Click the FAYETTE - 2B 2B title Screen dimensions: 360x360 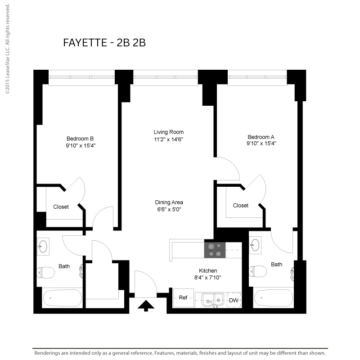(104, 43)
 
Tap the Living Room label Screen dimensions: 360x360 (168, 132)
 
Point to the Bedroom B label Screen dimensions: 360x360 (80, 139)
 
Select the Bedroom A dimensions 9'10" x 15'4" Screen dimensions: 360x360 (261, 144)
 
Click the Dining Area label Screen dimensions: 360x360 (169, 202)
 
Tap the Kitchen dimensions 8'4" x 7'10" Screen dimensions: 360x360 (207, 278)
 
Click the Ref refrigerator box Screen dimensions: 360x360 (183, 298)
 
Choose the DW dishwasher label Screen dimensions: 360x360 (234, 300)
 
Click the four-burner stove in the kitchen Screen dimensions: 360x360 (215, 250)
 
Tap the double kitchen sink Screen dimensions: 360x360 (212, 300)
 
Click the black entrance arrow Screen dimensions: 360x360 (146, 306)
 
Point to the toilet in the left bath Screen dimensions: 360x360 (46, 273)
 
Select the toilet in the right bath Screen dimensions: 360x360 (258, 271)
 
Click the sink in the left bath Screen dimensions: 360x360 (43, 247)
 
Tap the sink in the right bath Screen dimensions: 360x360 (255, 245)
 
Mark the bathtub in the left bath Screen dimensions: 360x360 (62, 298)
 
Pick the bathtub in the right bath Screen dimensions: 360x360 (274, 297)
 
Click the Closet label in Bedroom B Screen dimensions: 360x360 (61, 207)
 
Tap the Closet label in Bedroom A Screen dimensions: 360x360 (241, 206)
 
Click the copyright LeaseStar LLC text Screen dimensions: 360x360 (8, 49)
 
